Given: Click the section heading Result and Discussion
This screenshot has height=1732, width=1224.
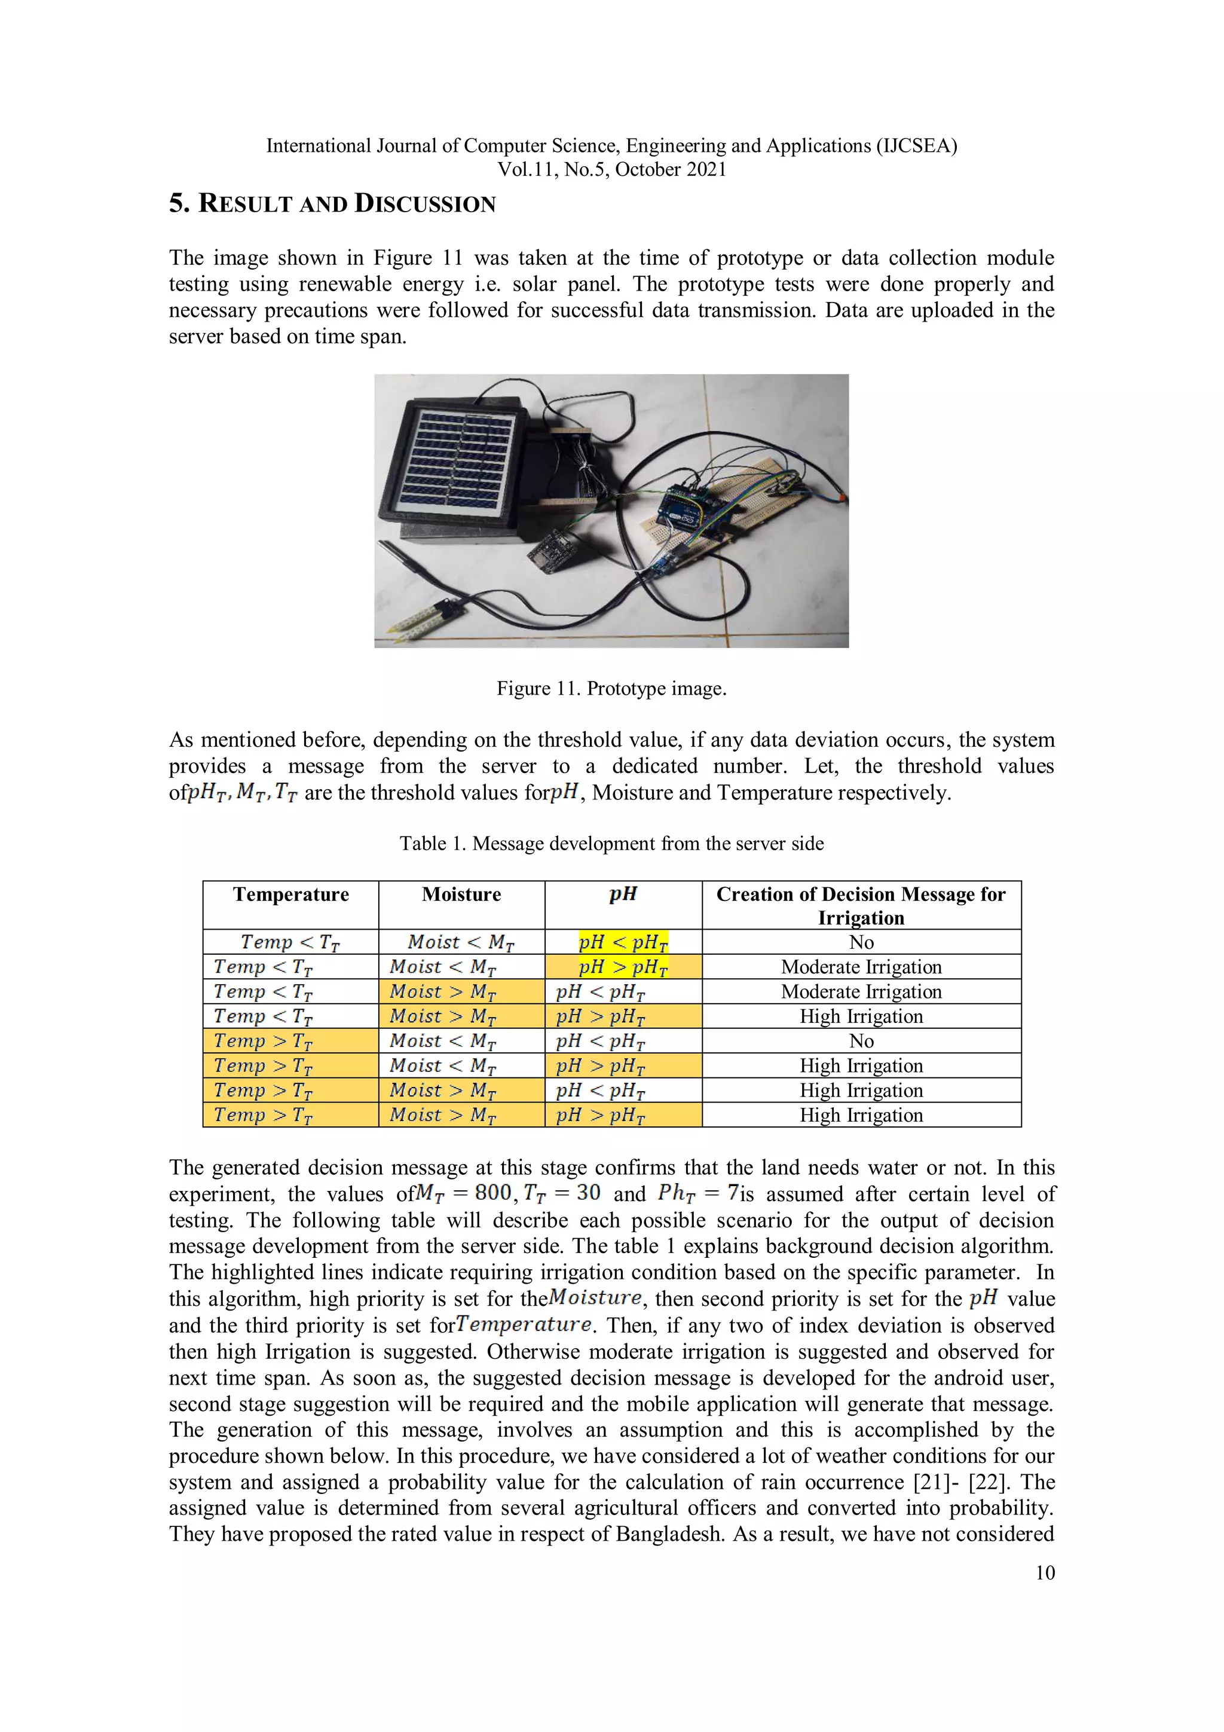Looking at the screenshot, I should (332, 204).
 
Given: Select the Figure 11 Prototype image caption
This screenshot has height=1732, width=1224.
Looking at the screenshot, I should (611, 689).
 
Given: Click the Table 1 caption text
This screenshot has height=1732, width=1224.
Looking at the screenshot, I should (611, 844).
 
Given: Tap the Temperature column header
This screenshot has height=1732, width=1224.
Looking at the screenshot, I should (290, 894).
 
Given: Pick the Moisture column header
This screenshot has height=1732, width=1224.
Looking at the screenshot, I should (461, 894).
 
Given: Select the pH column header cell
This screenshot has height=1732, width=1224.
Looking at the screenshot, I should (623, 894).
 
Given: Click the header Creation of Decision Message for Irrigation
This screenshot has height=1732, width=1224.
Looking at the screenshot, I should (861, 905).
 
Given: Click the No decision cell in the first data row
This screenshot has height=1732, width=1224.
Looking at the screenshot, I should (861, 942).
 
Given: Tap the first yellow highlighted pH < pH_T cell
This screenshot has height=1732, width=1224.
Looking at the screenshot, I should (623, 942).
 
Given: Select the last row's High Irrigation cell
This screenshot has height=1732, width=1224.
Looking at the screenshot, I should (861, 1115).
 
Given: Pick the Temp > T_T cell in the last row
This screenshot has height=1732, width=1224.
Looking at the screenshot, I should (262, 1115).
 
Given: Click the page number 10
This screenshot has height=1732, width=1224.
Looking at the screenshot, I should (1045, 1573).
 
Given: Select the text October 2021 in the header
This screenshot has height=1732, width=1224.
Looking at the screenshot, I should (671, 169).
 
